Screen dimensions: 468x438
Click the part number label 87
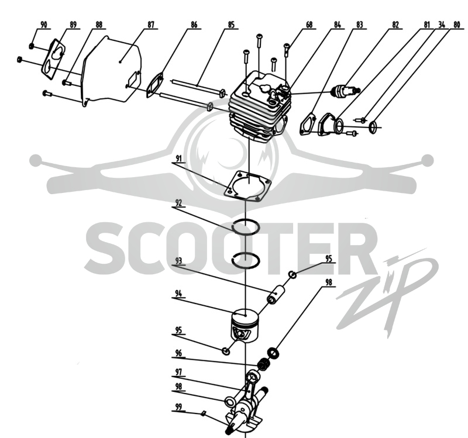coord(151,25)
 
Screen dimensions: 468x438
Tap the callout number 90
coord(43,25)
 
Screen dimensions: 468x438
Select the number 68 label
coord(309,25)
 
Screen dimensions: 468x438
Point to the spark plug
coord(346,90)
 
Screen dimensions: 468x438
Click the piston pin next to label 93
coord(276,294)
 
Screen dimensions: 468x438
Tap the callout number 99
coord(178,406)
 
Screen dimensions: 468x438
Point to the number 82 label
coord(395,25)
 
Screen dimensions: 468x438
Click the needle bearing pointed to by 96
coord(264,364)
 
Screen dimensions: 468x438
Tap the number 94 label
coord(178,294)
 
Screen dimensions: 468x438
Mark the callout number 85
coord(231,25)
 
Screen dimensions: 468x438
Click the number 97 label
coord(178,372)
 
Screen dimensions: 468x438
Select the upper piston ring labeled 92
coord(246,227)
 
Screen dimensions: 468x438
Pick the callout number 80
coord(457,25)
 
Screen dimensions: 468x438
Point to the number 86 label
coord(194,25)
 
